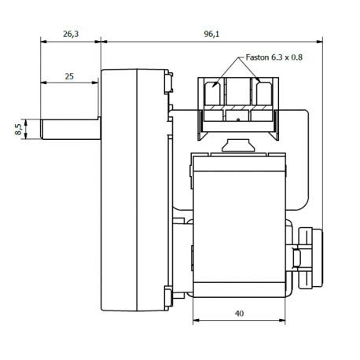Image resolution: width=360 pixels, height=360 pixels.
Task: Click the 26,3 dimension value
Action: click(71, 34)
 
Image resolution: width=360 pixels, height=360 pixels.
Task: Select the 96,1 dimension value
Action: click(211, 34)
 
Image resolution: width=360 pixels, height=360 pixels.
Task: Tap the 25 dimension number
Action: click(69, 76)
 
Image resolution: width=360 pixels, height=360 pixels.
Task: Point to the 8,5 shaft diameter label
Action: click(18, 129)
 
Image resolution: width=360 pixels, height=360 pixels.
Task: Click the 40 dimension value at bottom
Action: click(239, 314)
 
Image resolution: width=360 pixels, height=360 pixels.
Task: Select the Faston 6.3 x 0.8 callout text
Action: click(274, 57)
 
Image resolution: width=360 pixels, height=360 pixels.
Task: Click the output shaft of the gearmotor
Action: click(71, 129)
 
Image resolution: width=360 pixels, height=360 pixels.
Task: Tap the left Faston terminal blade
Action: click(212, 94)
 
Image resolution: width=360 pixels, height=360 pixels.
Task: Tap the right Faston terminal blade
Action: click(264, 94)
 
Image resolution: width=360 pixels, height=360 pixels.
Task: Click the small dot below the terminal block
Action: click(238, 120)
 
